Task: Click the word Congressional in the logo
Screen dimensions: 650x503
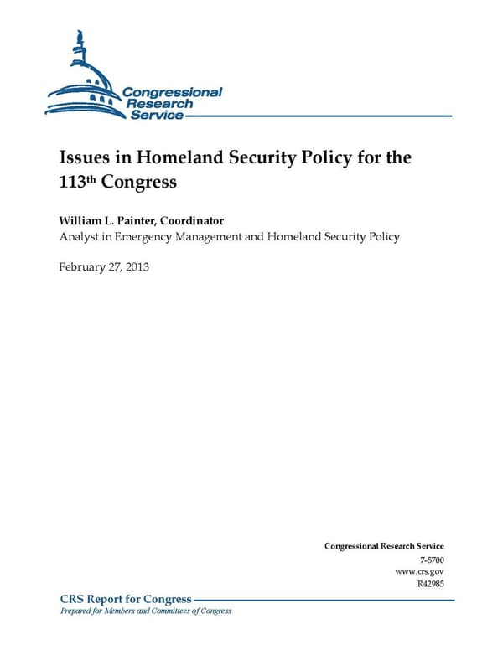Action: (x=172, y=92)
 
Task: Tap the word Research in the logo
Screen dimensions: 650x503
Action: (x=159, y=103)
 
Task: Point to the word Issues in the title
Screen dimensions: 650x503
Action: (x=81, y=157)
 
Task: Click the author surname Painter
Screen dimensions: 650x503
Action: (x=148, y=221)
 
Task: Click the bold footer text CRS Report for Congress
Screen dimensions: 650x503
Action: (x=126, y=599)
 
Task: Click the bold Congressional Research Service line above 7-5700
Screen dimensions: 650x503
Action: (x=384, y=546)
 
